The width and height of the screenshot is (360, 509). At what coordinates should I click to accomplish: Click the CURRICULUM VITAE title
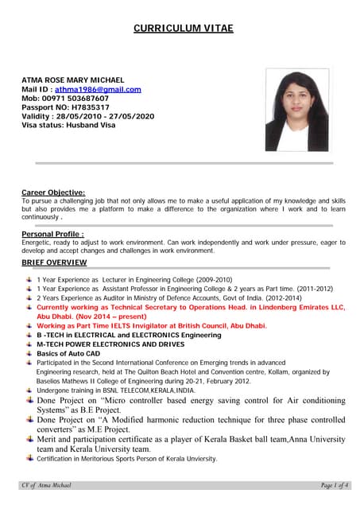(183, 29)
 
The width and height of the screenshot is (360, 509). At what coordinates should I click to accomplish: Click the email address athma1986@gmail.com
(98, 90)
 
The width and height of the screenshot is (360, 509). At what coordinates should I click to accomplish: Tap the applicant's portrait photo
(296, 111)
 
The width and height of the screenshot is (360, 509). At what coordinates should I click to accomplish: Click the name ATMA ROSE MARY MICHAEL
(72, 80)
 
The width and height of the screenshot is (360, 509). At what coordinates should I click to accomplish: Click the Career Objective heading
(53, 192)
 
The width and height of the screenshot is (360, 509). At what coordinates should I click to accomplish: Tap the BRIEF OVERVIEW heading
(54, 262)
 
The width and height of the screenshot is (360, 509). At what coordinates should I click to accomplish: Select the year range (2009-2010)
(207, 280)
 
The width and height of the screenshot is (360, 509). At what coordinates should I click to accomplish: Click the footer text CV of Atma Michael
(47, 485)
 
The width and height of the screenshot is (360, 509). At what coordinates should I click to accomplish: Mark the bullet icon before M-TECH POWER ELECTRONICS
(29, 343)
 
